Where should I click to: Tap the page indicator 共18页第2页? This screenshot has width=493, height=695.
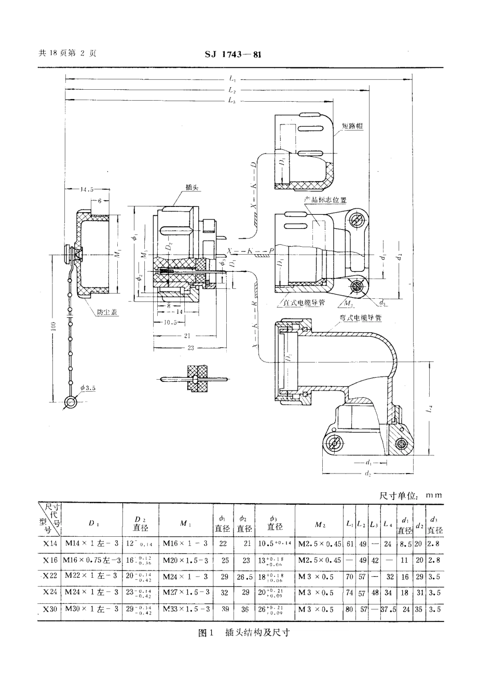(x=67, y=53)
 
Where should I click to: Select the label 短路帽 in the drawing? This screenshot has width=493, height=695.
(x=352, y=127)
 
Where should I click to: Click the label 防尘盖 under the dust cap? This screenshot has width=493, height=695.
(x=107, y=312)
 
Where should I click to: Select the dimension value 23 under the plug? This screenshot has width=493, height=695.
(x=190, y=348)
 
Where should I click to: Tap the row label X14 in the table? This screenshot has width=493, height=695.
(x=50, y=544)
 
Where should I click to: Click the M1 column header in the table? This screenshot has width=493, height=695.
(x=184, y=524)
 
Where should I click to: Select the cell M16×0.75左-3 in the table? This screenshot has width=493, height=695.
(x=92, y=561)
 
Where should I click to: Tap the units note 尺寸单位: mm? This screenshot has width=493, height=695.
(x=411, y=495)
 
